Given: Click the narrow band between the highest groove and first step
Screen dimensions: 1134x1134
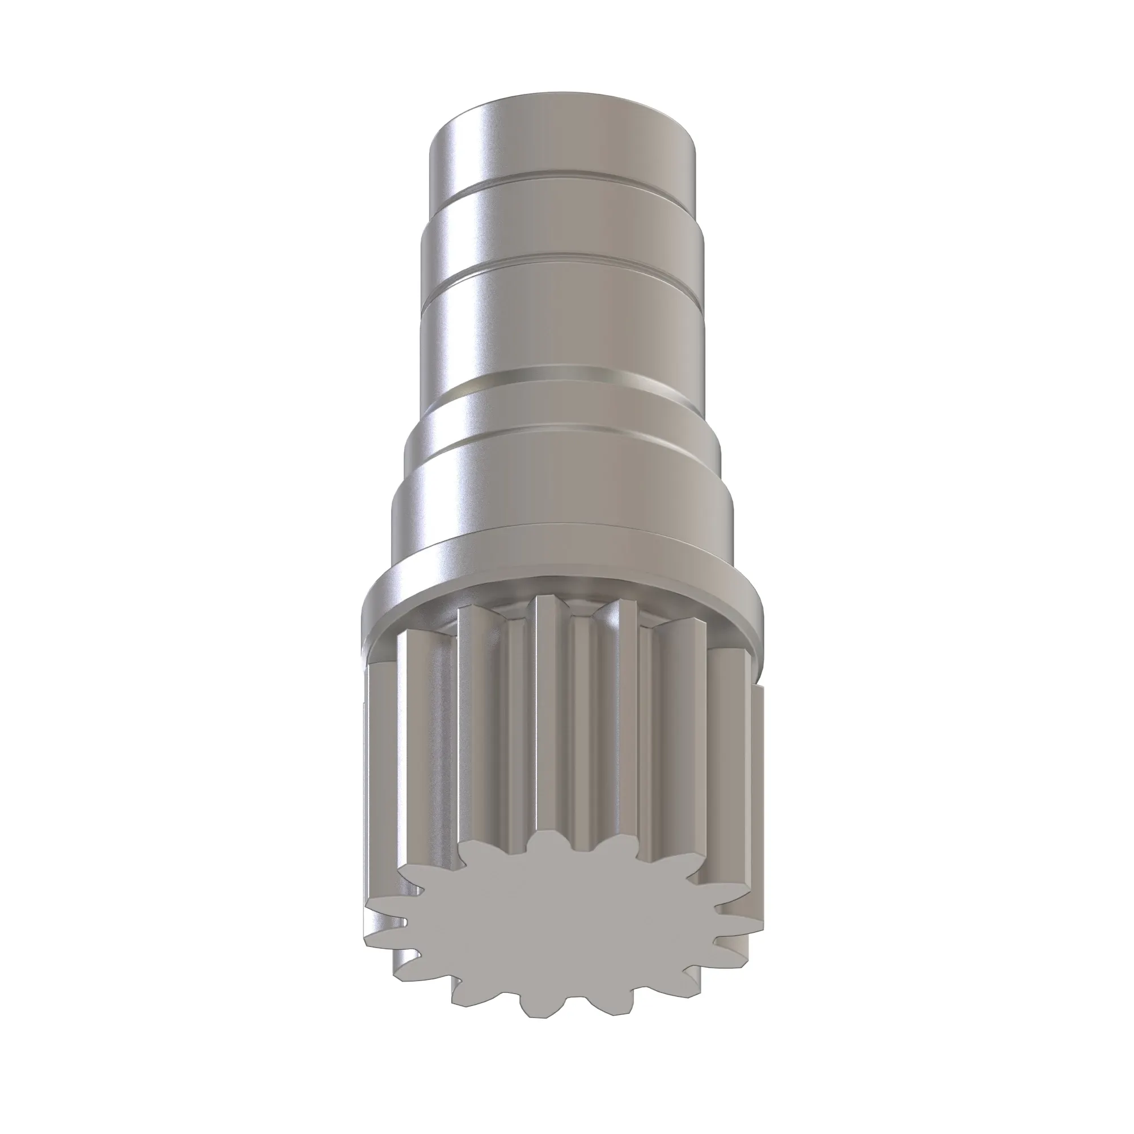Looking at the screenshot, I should tap(564, 205).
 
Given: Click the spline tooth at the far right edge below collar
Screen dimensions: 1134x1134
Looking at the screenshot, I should tap(757, 763).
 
